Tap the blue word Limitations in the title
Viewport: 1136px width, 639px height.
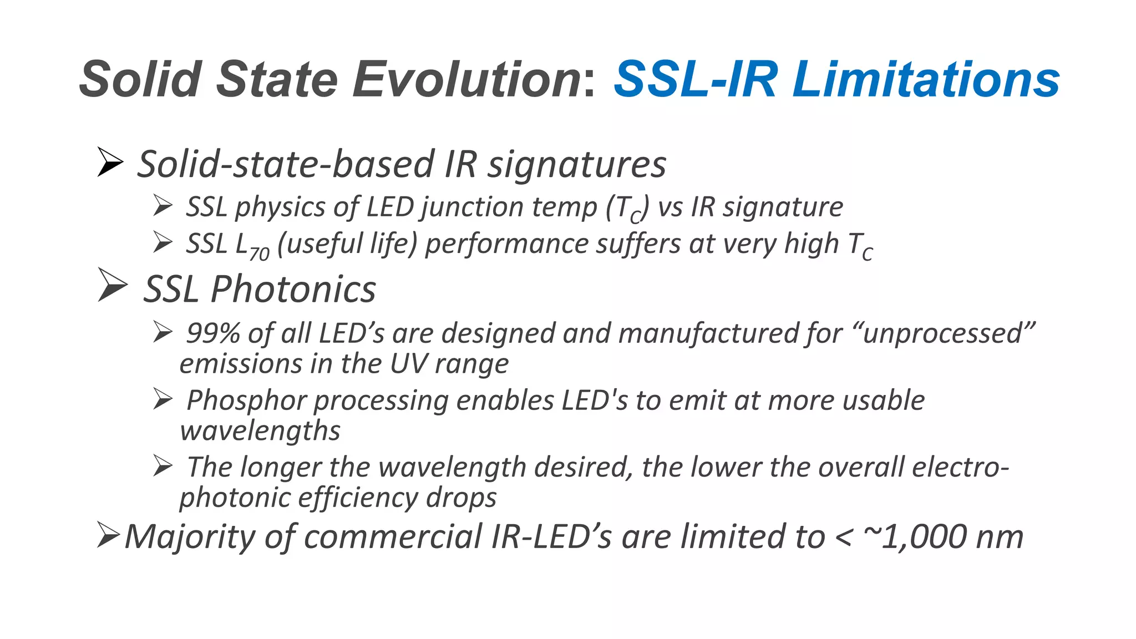point(926,79)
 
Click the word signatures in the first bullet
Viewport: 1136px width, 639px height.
point(577,165)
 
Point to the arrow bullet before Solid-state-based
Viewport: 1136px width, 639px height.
point(109,162)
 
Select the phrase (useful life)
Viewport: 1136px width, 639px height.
point(347,244)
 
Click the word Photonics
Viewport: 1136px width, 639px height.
point(293,290)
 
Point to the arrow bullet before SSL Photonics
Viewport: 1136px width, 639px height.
point(112,285)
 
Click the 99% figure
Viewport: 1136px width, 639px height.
point(213,333)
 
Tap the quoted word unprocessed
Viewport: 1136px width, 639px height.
point(943,333)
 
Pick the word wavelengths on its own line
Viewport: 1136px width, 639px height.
point(260,431)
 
